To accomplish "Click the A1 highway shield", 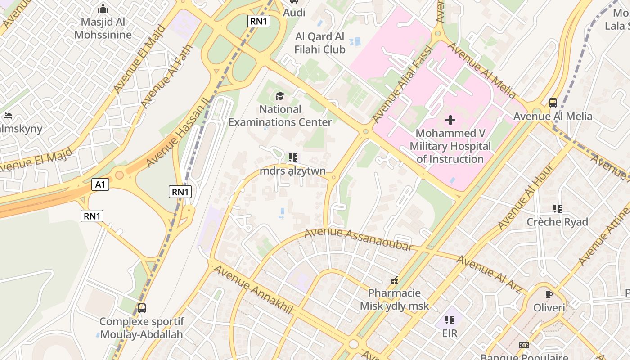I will point(100,184).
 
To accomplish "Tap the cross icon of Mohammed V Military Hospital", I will point(450,120).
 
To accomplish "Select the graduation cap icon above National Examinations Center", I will point(280,96).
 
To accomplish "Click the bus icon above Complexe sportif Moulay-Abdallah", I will point(141,308).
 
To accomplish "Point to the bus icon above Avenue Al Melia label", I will point(553,103).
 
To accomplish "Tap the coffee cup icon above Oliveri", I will point(549,295).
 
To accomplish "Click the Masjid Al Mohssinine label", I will point(103,28).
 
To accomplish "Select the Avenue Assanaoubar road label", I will point(359,239).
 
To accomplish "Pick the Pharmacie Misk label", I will point(394,300).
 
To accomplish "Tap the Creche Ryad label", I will point(557,222).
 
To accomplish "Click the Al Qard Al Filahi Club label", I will point(320,43).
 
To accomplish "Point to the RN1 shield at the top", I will point(259,21).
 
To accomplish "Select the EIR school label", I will point(450,333).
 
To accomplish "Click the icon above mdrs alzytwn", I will point(293,157).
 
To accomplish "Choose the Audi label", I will point(294,13).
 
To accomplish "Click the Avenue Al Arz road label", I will point(489,274).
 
